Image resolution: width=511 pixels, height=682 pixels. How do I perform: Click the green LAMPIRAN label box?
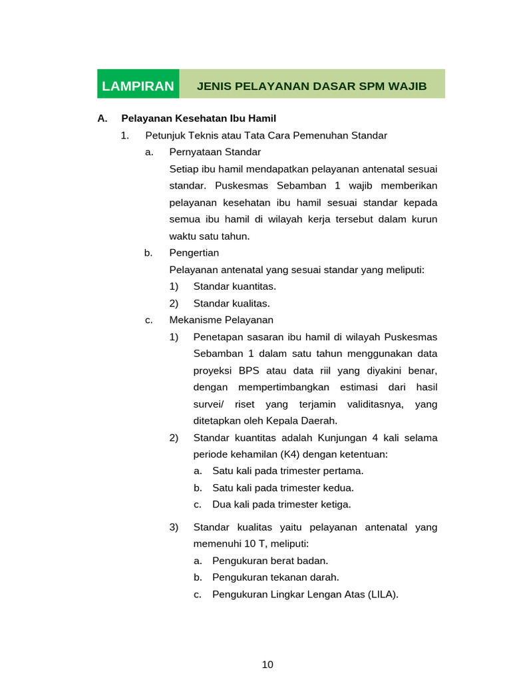[138, 86]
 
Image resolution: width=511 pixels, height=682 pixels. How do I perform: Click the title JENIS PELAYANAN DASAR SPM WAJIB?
[311, 86]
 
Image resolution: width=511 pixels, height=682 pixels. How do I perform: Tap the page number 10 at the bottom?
[267, 664]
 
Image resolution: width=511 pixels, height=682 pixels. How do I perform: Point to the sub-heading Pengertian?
[194, 253]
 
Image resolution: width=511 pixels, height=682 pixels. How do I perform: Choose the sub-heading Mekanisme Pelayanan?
[222, 320]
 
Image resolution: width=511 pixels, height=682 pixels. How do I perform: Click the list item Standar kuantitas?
[234, 286]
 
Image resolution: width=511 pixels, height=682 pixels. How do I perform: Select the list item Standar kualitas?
[232, 303]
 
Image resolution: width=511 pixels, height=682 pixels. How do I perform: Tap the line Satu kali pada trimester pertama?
[287, 471]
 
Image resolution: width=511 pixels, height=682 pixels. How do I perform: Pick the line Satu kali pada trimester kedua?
[283, 488]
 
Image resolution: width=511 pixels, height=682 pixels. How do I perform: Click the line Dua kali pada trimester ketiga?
[281, 504]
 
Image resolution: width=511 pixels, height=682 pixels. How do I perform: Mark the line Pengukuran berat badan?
[270, 561]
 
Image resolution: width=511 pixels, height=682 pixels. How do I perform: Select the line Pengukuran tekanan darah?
[275, 577]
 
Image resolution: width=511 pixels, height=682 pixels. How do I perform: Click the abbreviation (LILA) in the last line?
[382, 594]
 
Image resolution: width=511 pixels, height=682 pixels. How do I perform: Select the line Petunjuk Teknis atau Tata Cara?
[266, 135]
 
